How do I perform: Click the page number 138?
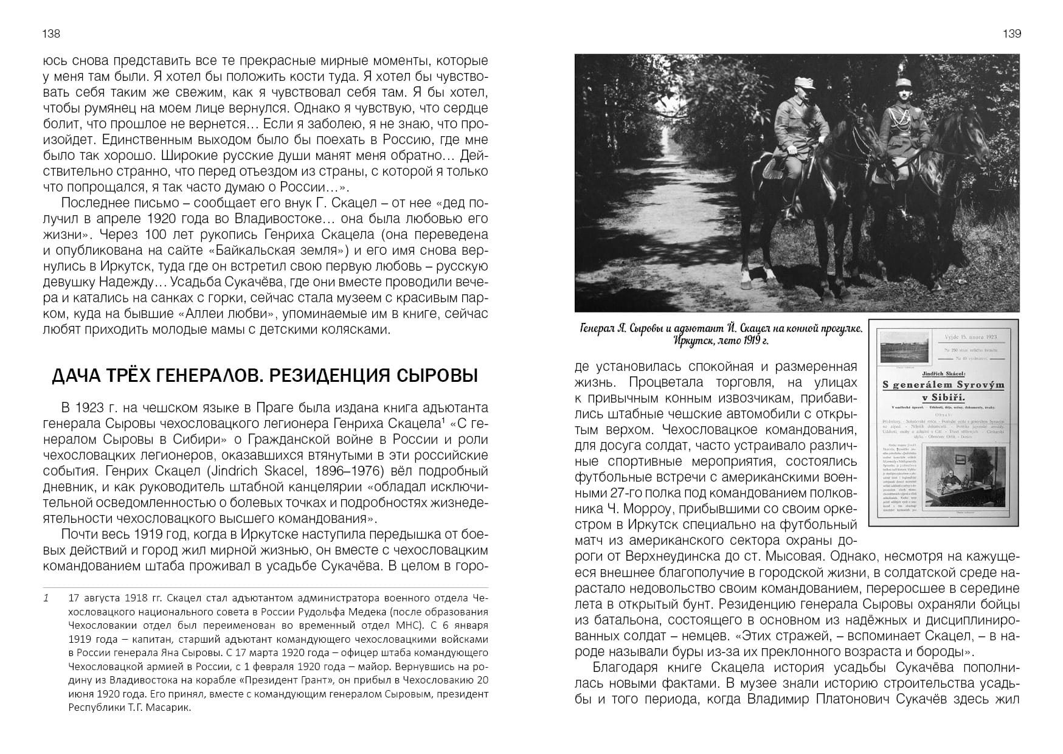coord(51,33)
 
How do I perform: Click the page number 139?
coord(1011,33)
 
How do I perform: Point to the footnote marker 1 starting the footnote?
coord(46,598)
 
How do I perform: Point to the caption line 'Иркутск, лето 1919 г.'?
coord(721,341)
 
